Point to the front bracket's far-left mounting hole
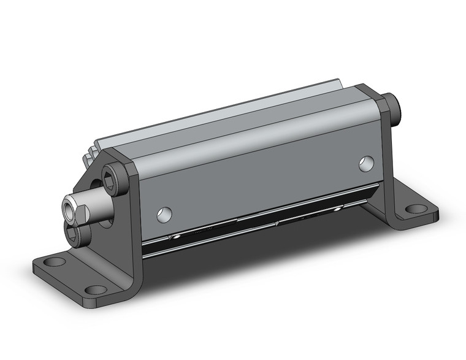pos(55,262)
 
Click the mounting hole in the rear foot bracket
pos(416,209)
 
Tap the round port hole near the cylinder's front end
pos(164,214)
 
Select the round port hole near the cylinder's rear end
pos(367,163)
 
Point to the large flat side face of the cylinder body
pos(258,178)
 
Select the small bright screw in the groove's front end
pos(176,236)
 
